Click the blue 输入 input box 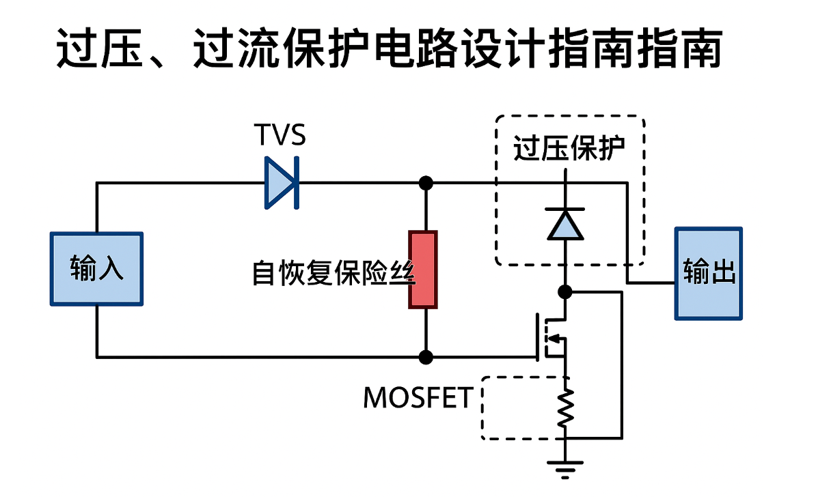(96, 268)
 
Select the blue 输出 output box (709, 273)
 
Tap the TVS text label (280, 135)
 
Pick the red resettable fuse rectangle (423, 270)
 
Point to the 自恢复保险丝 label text (333, 272)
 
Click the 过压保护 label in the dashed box (569, 149)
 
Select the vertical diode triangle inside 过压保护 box (565, 225)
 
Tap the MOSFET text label (418, 398)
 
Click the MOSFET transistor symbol (552, 337)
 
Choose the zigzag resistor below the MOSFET (565, 409)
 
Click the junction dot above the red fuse (426, 182)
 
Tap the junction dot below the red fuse (426, 356)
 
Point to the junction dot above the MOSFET (565, 292)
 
